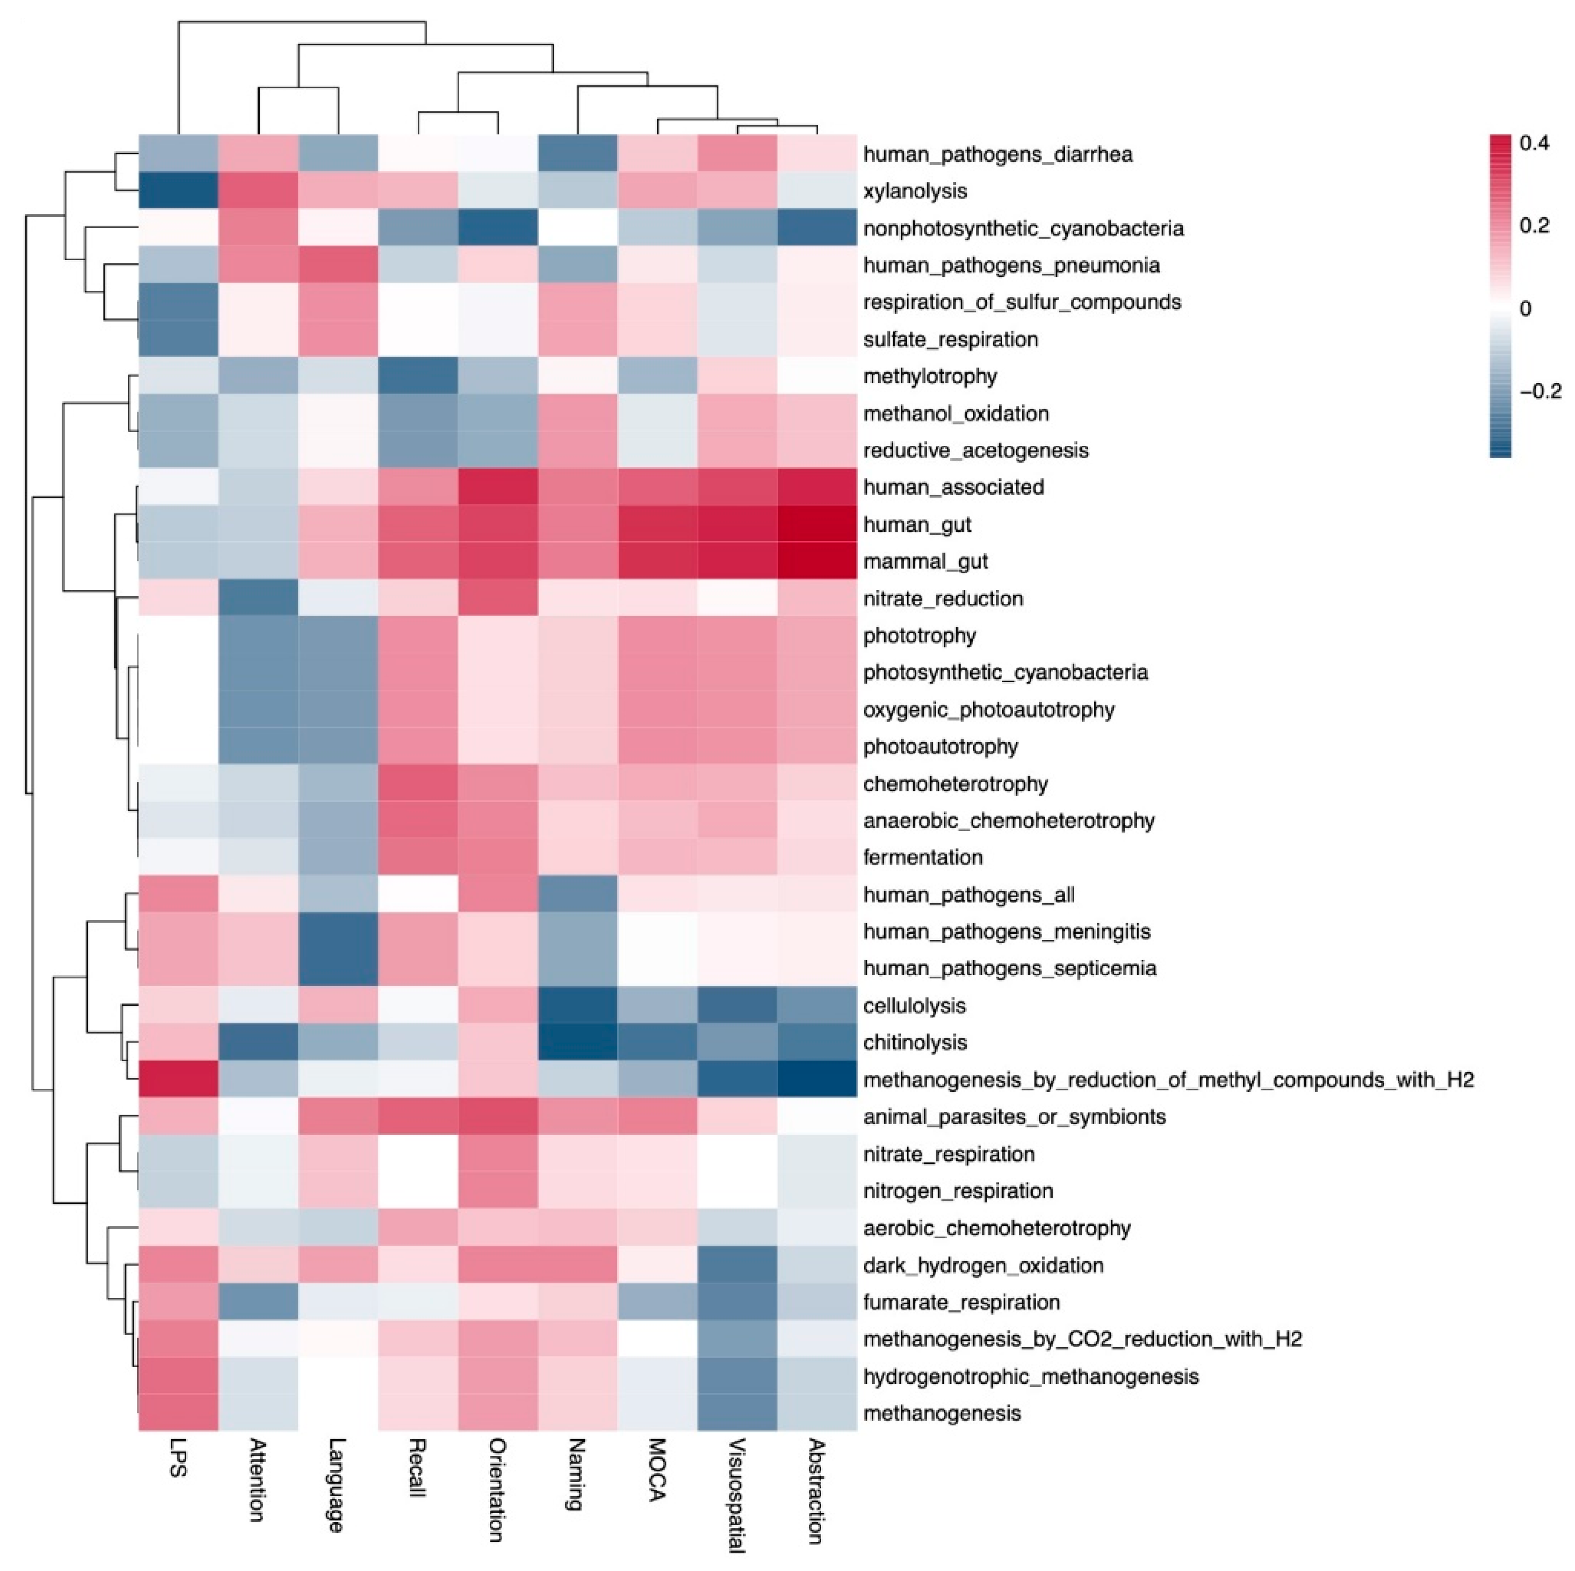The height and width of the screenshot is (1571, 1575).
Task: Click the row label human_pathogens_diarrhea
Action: pyautogui.click(x=997, y=154)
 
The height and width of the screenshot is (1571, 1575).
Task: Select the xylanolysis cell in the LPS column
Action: pyautogui.click(x=178, y=191)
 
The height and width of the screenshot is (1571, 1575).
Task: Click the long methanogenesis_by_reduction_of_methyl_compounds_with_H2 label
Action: pyautogui.click(x=1168, y=1080)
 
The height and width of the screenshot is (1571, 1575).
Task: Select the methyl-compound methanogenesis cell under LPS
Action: pyautogui.click(x=178, y=1080)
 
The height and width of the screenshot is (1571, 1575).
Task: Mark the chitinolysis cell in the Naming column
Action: pyautogui.click(x=577, y=1043)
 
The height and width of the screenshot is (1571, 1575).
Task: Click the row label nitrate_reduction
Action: pyautogui.click(x=942, y=599)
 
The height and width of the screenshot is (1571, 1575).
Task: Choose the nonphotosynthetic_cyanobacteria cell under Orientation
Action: pyautogui.click(x=497, y=228)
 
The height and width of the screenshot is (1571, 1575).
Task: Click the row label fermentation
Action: pyautogui.click(x=923, y=858)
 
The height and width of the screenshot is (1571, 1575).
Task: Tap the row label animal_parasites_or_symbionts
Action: pyautogui.click(x=1014, y=1117)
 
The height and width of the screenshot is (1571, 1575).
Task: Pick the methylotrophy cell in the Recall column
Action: pyautogui.click(x=417, y=376)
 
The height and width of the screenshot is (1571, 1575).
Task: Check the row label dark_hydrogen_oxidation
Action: pyautogui.click(x=983, y=1265)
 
